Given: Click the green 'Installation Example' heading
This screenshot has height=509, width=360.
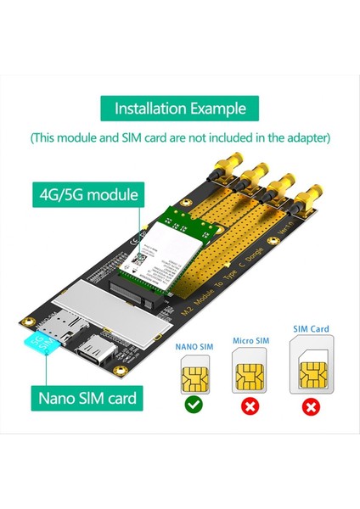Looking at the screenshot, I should click(x=180, y=109).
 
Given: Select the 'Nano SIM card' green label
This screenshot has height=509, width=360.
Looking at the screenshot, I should click(x=87, y=396).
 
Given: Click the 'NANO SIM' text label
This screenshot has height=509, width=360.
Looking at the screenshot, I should click(x=194, y=346).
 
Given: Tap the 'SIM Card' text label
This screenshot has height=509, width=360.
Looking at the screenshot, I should click(x=311, y=329).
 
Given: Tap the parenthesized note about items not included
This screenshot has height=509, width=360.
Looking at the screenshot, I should click(x=180, y=137).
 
